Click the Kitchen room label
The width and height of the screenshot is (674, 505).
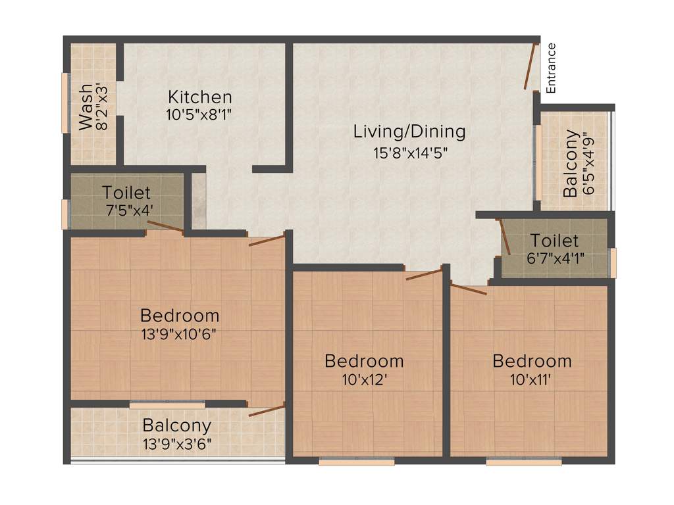point(199,97)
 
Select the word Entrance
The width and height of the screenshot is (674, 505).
point(552,68)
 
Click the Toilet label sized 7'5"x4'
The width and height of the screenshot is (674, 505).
point(126,193)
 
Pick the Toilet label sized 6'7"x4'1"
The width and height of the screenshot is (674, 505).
point(554,241)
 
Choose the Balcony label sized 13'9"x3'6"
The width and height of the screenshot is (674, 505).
point(177,425)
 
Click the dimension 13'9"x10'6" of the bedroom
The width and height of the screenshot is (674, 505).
point(178,333)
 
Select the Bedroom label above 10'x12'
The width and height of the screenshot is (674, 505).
point(364,361)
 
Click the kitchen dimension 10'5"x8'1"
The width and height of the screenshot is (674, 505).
point(199,114)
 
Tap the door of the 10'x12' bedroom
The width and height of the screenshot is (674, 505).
point(425,274)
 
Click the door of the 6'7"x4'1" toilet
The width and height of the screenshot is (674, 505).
point(504,236)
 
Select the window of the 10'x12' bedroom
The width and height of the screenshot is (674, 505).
point(356,462)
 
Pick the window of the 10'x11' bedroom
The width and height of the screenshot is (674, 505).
point(524,462)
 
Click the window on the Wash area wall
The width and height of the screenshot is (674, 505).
point(65,103)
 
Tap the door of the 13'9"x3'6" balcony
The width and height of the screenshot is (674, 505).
point(266,411)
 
